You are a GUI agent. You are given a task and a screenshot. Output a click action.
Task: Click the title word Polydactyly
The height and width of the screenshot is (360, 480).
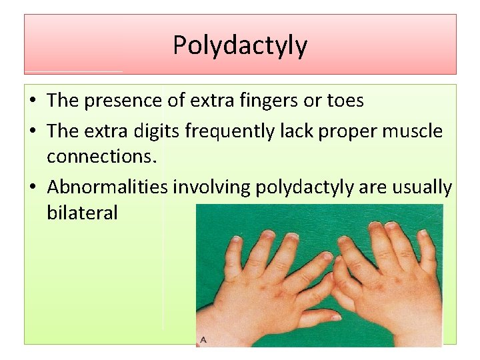pos(240,45)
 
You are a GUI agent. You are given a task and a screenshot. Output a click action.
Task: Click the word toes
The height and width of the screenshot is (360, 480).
pos(345,101)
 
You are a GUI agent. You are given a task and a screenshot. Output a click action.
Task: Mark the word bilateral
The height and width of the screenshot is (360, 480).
pos(82,213)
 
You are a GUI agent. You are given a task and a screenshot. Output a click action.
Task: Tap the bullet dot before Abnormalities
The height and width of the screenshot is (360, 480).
pos(32,189)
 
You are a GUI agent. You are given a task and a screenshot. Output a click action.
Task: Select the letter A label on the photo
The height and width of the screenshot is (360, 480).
pos(203,340)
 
